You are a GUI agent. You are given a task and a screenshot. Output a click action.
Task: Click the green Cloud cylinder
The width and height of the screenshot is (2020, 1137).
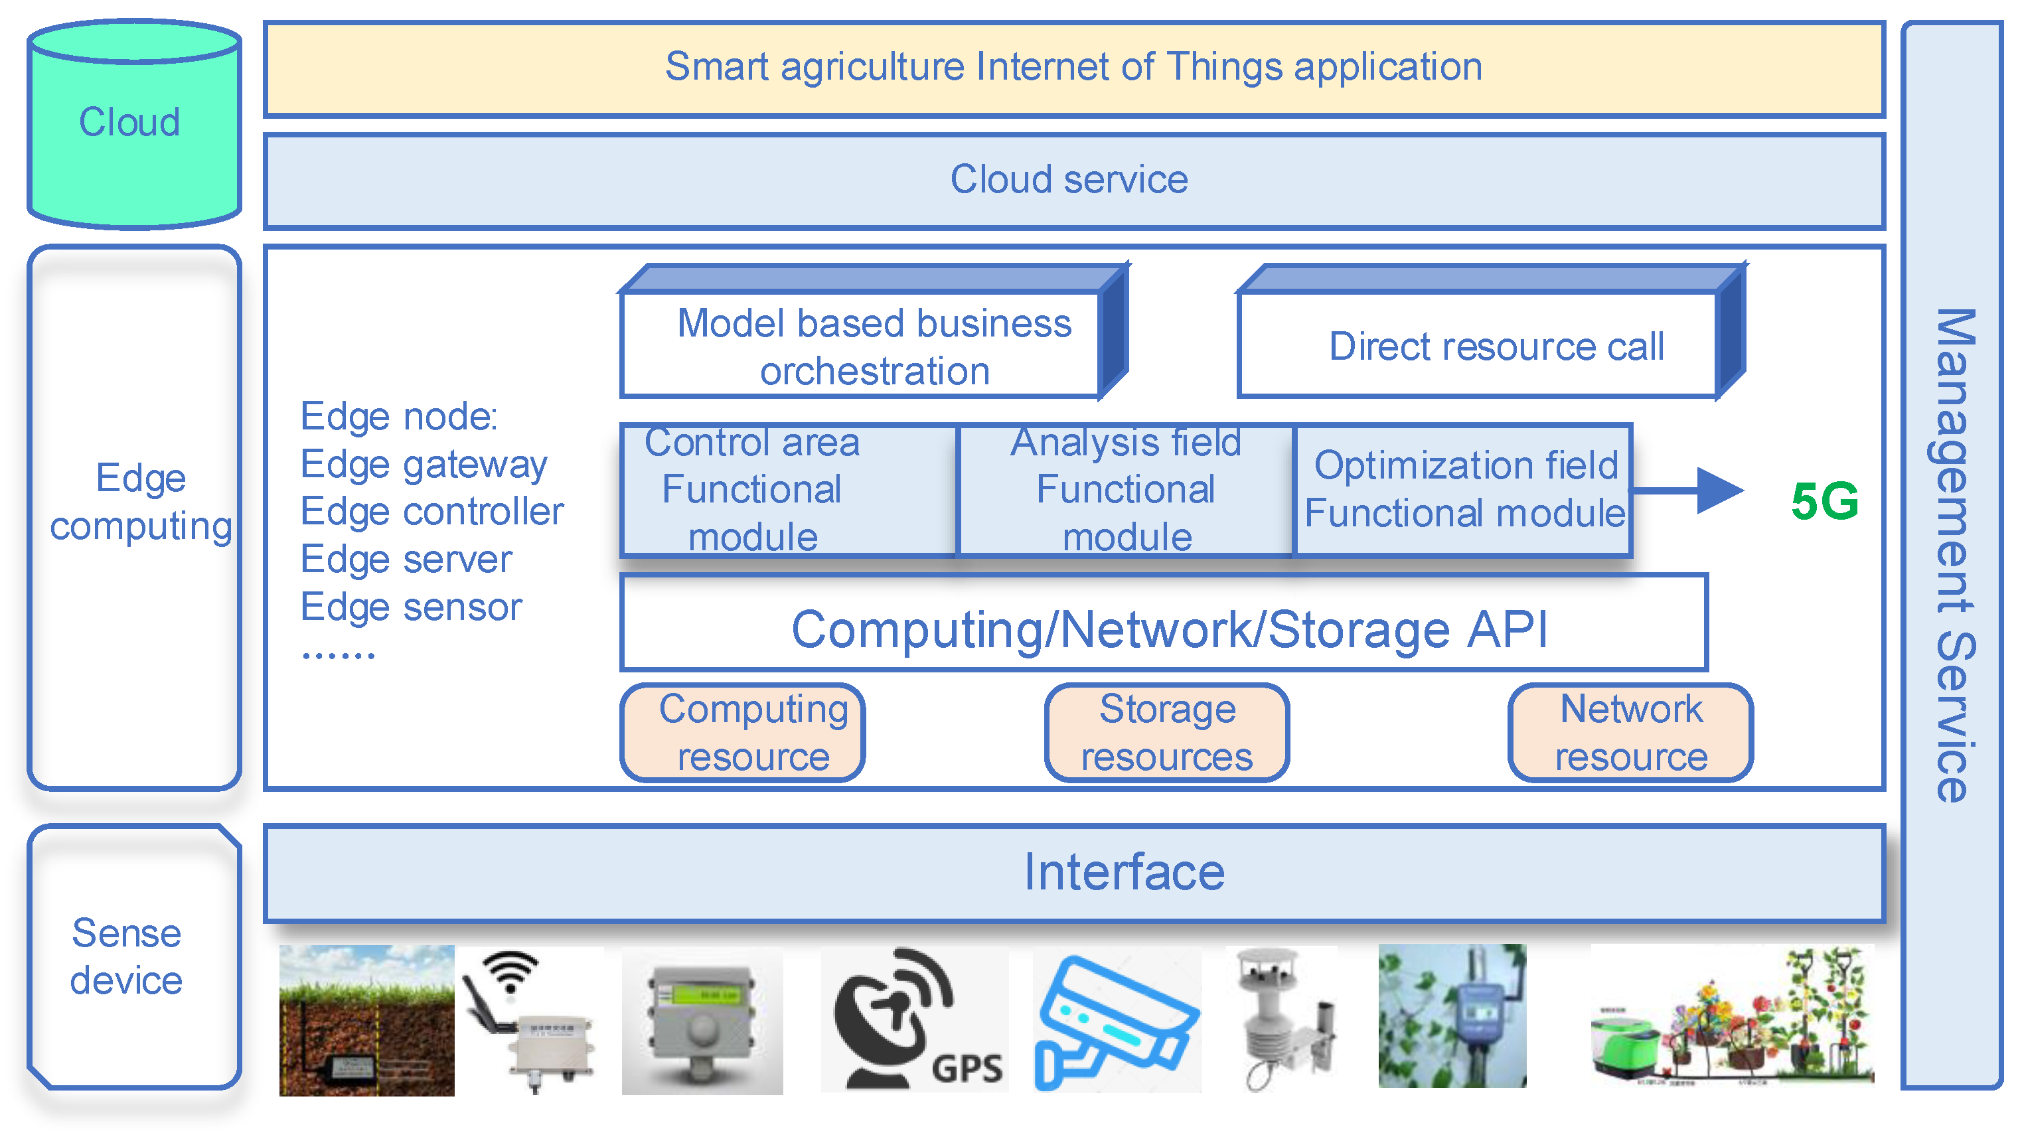click(133, 125)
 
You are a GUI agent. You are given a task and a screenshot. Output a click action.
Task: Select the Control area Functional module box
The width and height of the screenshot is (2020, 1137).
click(789, 490)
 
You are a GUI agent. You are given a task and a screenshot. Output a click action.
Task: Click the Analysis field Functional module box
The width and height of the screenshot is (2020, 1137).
click(1126, 490)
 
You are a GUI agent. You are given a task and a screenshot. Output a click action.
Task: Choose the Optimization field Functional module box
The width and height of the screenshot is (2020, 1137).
click(1463, 490)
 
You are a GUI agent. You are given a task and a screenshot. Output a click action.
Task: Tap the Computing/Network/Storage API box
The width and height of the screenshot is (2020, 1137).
click(1164, 623)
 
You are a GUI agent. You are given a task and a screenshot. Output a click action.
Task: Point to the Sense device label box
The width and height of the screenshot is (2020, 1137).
click(133, 956)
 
